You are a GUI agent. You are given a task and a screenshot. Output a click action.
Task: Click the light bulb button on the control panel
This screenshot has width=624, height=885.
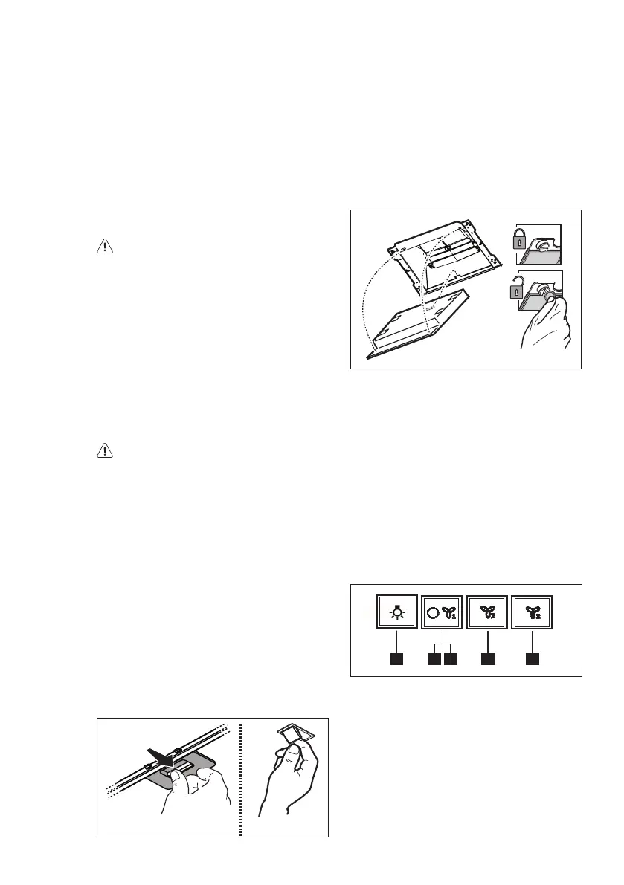click(397, 614)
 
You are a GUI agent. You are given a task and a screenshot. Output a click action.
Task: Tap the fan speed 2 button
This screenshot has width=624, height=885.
click(486, 614)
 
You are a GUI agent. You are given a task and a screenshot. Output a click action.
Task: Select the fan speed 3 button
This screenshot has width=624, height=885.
click(533, 614)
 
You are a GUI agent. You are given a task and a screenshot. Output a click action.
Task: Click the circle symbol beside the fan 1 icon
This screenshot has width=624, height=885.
click(434, 614)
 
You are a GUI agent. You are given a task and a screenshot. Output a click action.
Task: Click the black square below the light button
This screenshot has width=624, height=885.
click(397, 659)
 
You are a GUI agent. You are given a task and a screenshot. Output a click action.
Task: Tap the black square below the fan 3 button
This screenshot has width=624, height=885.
click(533, 659)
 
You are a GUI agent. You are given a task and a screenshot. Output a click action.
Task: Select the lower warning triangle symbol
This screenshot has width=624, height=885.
click(105, 450)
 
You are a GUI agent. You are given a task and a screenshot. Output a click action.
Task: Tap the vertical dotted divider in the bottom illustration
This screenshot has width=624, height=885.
click(241, 777)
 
